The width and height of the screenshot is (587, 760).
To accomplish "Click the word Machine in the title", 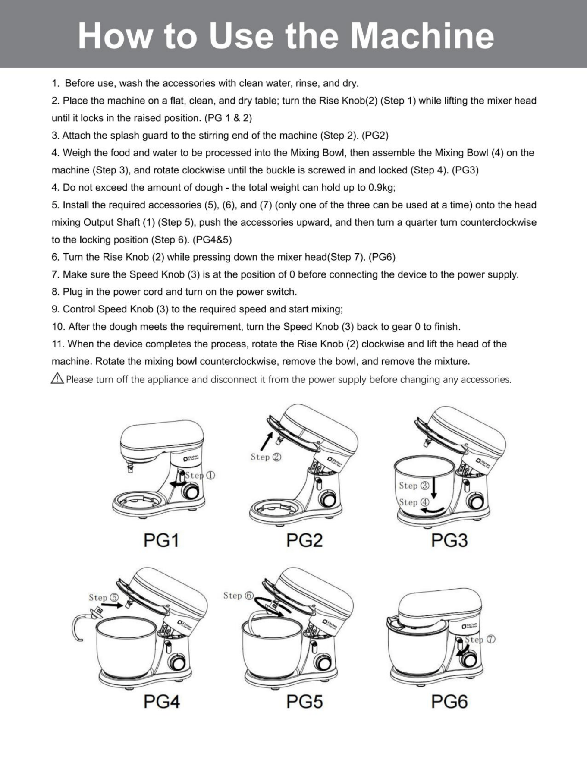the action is click(x=422, y=36).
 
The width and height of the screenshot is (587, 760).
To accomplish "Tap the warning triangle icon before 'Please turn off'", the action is click(x=57, y=378).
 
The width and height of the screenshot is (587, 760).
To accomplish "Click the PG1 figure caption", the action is click(x=161, y=540).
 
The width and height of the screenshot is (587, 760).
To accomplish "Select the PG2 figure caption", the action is click(x=304, y=540).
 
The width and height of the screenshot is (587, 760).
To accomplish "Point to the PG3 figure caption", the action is click(x=449, y=540).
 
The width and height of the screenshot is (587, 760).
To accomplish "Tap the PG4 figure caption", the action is click(x=161, y=702).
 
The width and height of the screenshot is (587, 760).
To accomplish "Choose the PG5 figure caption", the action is click(x=304, y=702).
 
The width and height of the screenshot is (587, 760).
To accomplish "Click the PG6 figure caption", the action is click(x=449, y=702).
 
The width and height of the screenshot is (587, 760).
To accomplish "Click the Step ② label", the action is click(x=266, y=457).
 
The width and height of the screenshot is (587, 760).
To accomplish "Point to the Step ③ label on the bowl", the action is click(x=414, y=486).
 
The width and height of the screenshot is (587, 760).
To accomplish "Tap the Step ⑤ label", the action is click(x=104, y=598).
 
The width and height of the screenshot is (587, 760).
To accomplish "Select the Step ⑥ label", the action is click(x=239, y=596).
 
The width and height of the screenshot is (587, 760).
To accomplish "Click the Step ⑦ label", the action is click(x=480, y=640).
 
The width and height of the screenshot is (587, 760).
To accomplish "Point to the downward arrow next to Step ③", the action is click(x=434, y=489).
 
